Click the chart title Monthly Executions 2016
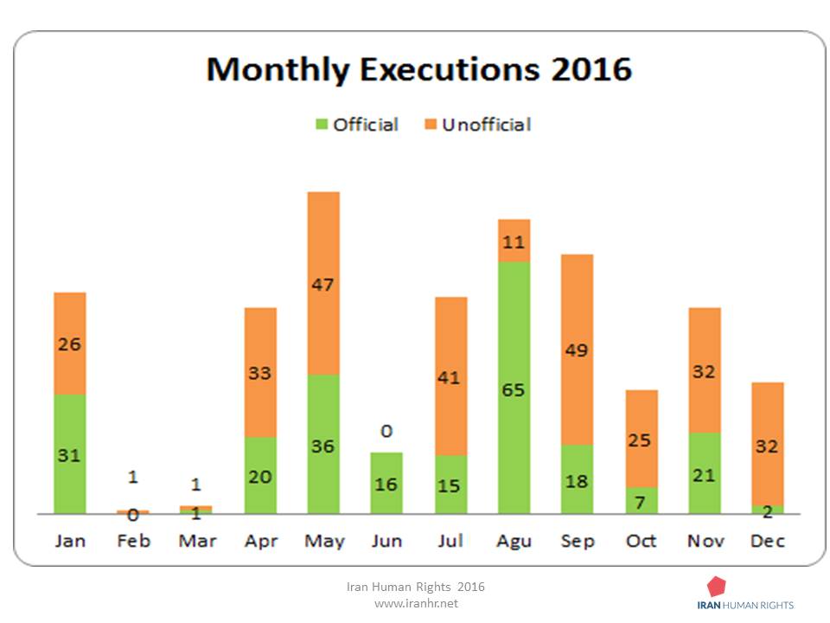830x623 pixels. point(419,69)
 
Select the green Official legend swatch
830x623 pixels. point(322,125)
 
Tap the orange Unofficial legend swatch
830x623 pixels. point(430,125)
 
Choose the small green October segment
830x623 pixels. point(642,500)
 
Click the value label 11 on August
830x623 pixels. point(514,242)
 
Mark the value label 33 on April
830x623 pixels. point(260,374)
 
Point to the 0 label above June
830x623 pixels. point(386,432)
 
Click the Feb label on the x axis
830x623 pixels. point(133,541)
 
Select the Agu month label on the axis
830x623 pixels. point(514,541)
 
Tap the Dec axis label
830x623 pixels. point(768,541)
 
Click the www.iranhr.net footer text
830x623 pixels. point(416,603)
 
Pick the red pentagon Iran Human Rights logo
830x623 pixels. point(716,586)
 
